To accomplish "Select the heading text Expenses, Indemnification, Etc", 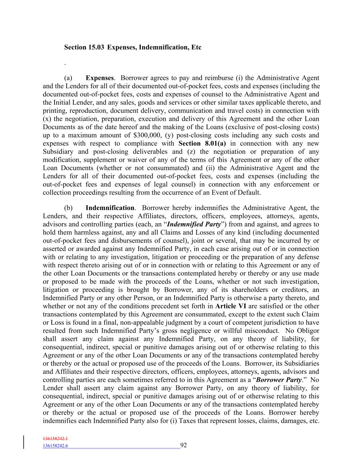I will (154, 47).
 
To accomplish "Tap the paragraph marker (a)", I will (68, 78).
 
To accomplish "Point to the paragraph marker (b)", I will (68, 208).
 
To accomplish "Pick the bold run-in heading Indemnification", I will (110, 208).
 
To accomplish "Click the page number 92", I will (184, 445).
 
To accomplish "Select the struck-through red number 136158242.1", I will (55, 439).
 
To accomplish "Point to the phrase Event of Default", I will (238, 192).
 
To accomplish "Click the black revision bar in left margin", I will (24, 442).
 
